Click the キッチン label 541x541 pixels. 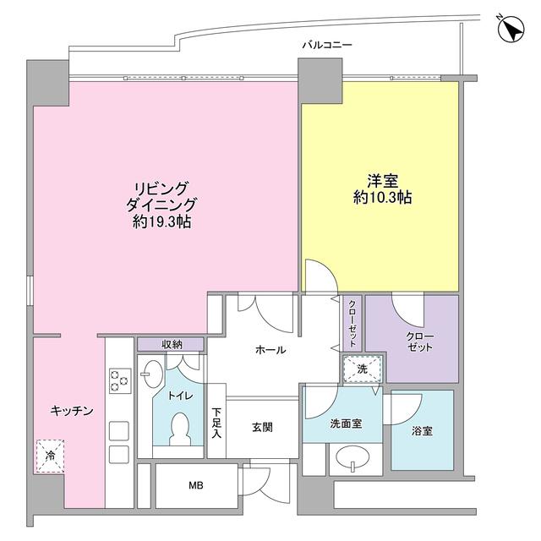(x=70, y=409)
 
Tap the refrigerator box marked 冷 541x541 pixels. (x=50, y=456)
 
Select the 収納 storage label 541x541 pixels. (x=172, y=344)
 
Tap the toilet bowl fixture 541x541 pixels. (x=181, y=428)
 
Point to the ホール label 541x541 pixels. (x=270, y=350)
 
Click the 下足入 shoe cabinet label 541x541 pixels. (x=216, y=423)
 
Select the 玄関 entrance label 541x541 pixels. (x=262, y=427)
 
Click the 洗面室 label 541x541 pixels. (x=346, y=423)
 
